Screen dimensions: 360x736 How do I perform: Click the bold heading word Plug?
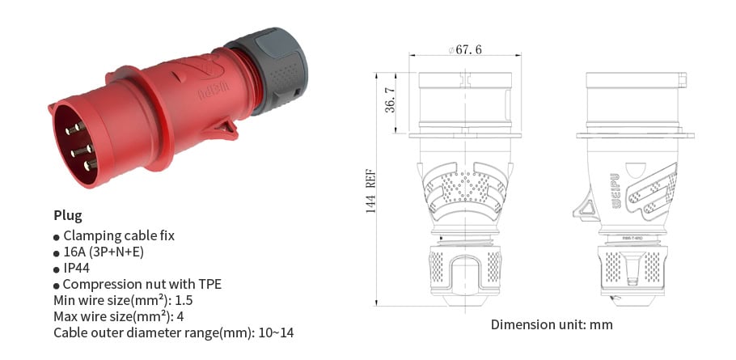point(68,215)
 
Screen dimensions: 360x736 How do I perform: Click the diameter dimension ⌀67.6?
point(465,50)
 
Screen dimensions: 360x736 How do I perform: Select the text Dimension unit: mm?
point(552,324)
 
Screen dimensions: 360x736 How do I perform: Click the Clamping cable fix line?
point(118,235)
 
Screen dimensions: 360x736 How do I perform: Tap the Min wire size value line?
point(123,300)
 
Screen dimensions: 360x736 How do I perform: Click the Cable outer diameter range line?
point(173,332)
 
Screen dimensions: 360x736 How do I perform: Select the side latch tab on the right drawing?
point(585,207)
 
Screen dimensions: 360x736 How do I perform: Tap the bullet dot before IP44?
point(57,269)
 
